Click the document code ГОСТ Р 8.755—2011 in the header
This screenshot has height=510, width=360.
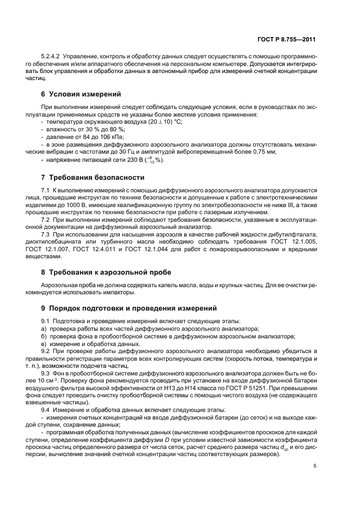pos(286,39)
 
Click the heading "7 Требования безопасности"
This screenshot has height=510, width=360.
pos(93,178)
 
